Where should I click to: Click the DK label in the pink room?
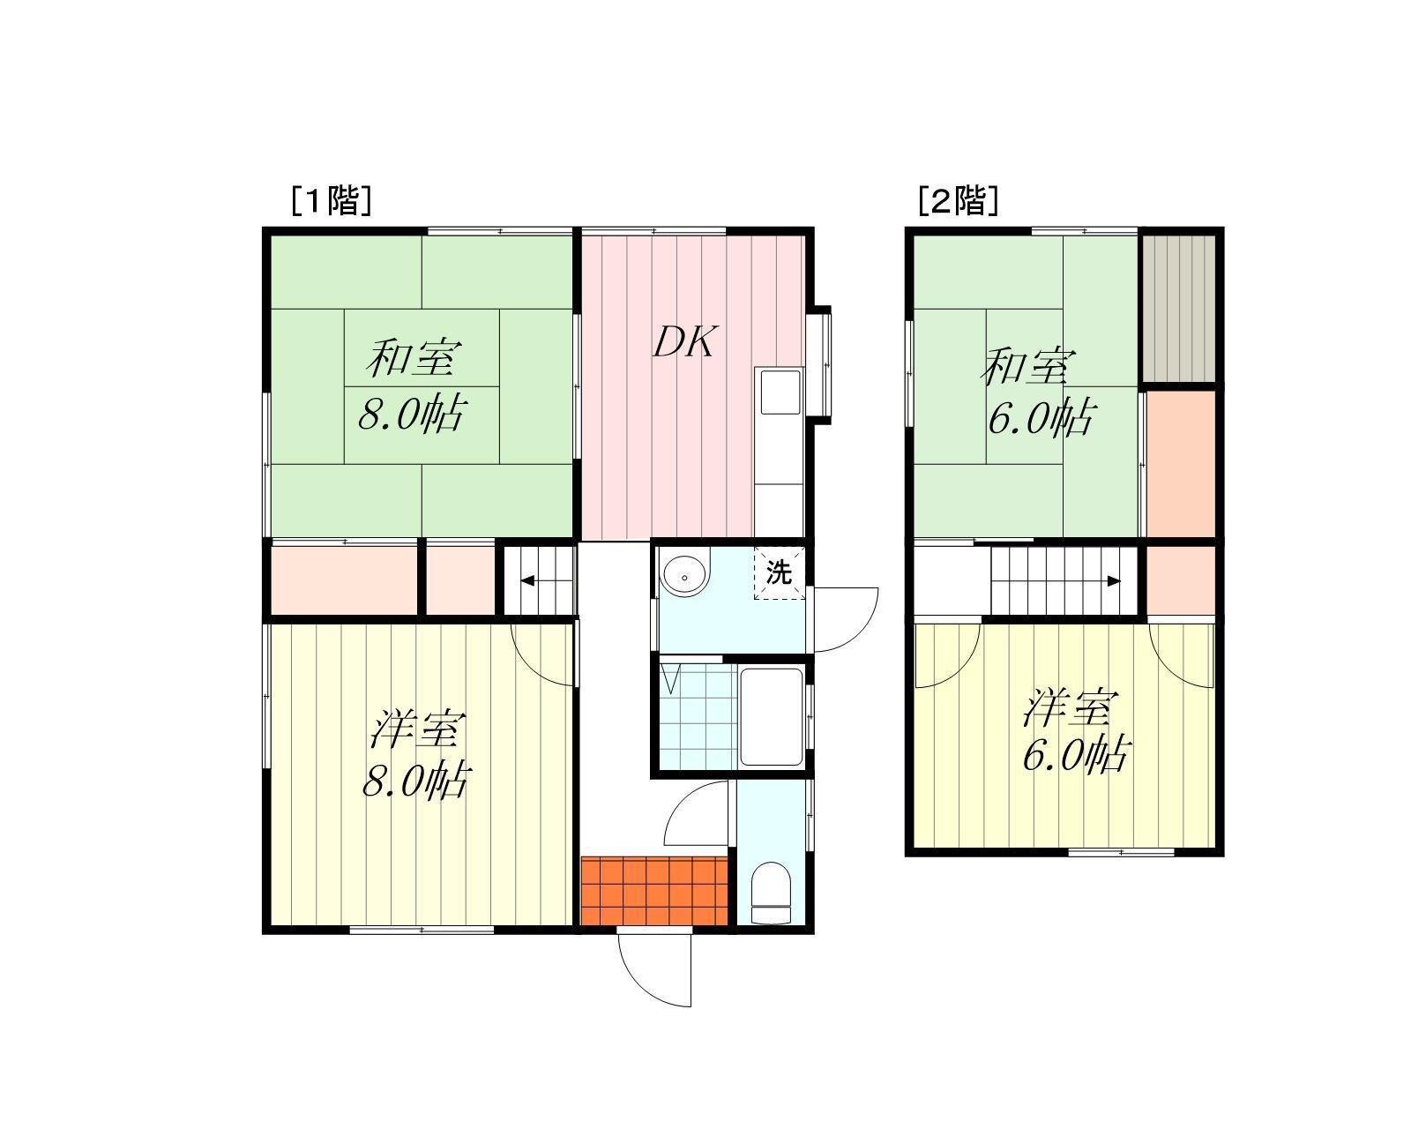click(686, 341)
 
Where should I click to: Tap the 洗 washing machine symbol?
click(779, 572)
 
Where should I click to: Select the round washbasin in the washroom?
click(685, 577)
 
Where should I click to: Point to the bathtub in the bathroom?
click(772, 716)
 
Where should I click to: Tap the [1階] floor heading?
click(332, 200)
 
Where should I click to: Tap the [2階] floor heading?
click(959, 200)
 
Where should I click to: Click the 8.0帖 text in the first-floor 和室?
click(412, 414)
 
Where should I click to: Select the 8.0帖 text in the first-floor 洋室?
click(415, 781)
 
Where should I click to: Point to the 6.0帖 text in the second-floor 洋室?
click(1075, 754)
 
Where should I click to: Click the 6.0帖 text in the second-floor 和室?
click(1041, 418)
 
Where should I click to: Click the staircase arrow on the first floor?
click(538, 580)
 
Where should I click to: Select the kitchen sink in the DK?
click(780, 392)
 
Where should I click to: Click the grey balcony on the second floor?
click(1179, 309)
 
